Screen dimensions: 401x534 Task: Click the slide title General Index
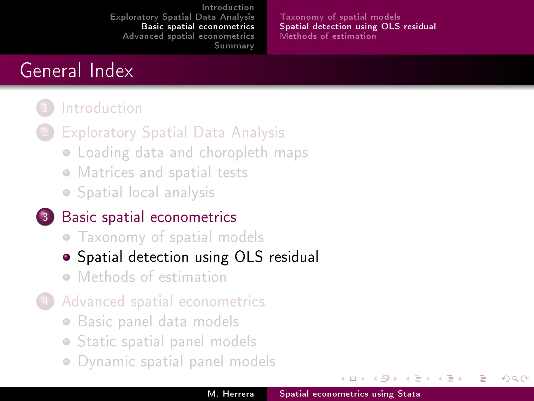[x=76, y=70]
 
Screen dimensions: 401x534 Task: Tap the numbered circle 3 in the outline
[x=45, y=217]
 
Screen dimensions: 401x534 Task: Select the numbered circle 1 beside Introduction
[x=45, y=108]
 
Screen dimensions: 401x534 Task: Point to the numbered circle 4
[x=45, y=301]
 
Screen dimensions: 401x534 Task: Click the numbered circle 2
[x=45, y=132]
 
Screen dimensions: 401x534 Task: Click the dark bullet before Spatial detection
[x=66, y=257]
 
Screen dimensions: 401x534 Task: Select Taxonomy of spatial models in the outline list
[x=171, y=237]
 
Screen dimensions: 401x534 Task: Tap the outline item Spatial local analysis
[x=146, y=192]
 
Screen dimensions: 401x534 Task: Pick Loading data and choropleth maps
[x=193, y=152]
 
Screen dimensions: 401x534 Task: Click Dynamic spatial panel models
[x=177, y=361]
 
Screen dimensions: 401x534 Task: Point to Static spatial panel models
[x=167, y=341]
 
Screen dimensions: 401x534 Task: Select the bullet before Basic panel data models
[x=66, y=322]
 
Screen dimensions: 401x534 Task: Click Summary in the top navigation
[x=234, y=46]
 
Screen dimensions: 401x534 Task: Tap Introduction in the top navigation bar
[x=228, y=7]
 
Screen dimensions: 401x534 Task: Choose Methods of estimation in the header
[x=328, y=36]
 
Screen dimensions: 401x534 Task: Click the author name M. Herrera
[x=230, y=394]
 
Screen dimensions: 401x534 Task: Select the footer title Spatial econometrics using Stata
[x=350, y=394]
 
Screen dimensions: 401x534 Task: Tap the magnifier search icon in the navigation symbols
[x=515, y=379]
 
